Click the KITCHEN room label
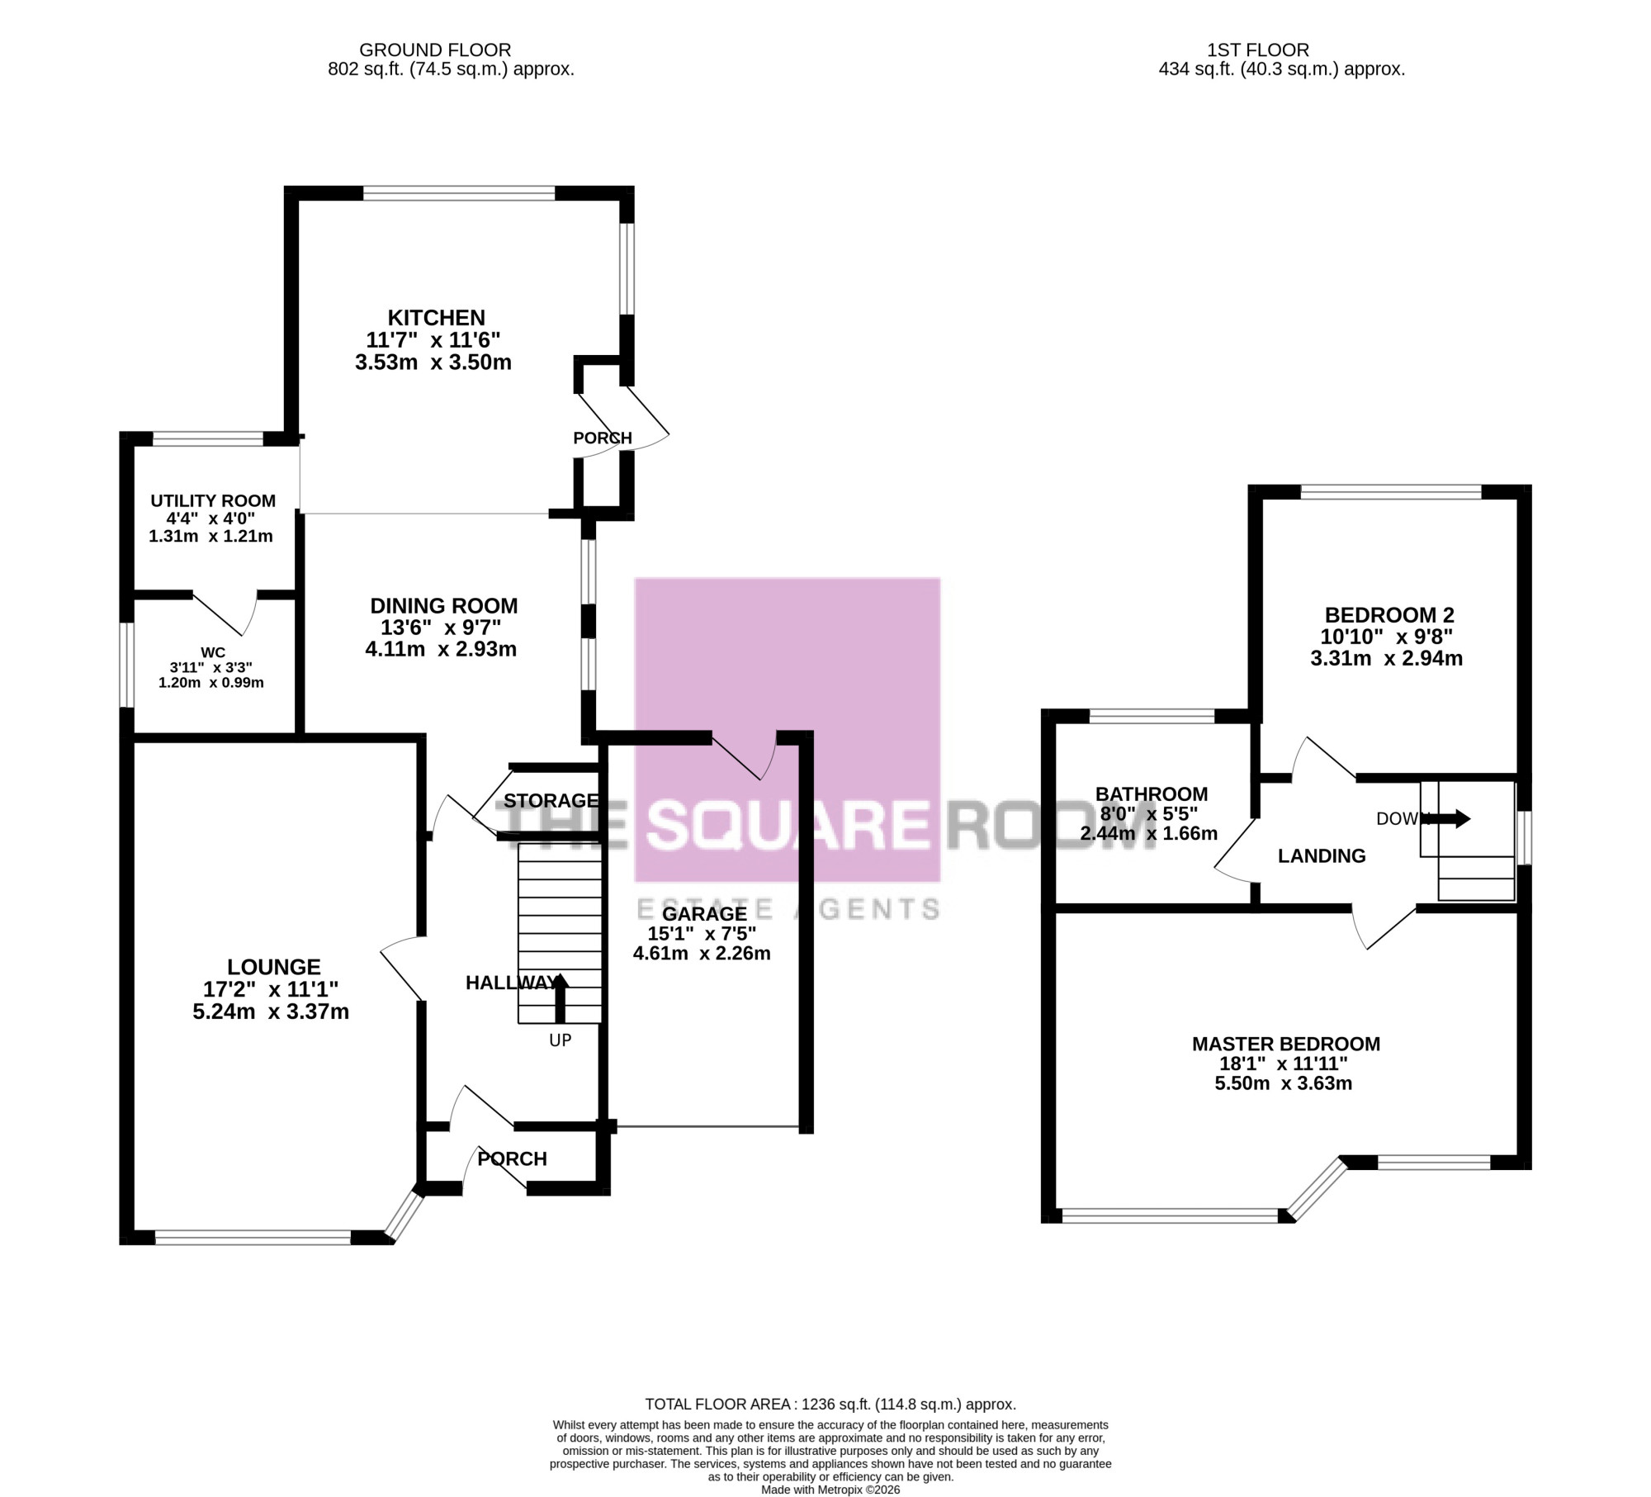tap(437, 318)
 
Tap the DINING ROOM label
tap(444, 606)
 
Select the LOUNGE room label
tap(274, 967)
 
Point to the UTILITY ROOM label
tap(213, 501)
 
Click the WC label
tap(213, 653)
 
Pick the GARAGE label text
tap(704, 914)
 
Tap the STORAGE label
tap(551, 800)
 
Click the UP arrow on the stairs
tap(561, 999)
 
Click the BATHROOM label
tap(1152, 794)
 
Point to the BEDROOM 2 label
tap(1389, 615)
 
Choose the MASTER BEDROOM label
tap(1286, 1044)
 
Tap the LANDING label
tap(1322, 856)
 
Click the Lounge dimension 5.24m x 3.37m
tap(271, 1011)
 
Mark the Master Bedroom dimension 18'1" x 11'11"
tap(1284, 1064)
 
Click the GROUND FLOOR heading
tap(435, 50)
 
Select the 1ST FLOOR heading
tap(1257, 50)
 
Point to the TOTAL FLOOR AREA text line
tap(830, 1405)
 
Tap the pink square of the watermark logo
tap(788, 730)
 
